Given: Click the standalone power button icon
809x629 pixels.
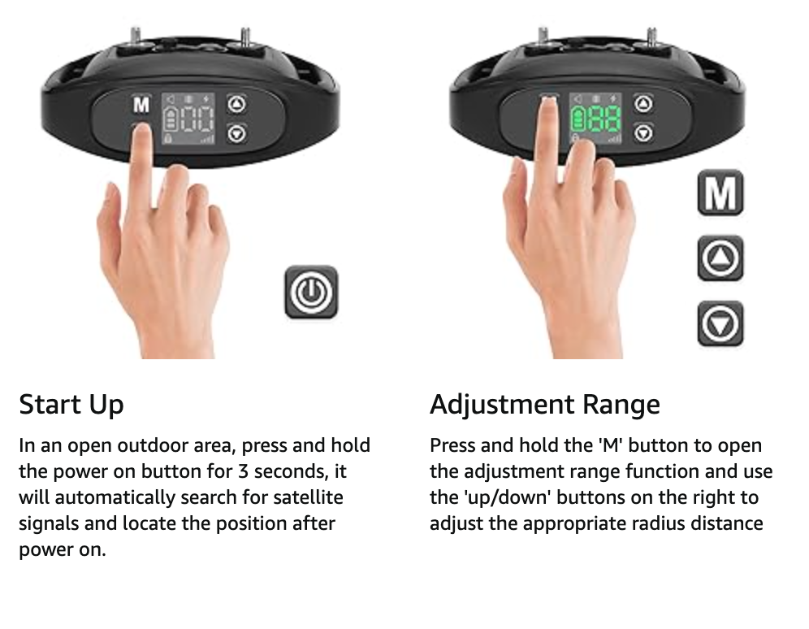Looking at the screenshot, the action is pyautogui.click(x=311, y=293).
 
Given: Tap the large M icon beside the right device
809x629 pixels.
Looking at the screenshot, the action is pyautogui.click(x=720, y=193).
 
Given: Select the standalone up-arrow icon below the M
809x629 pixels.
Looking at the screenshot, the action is pyautogui.click(x=720, y=258).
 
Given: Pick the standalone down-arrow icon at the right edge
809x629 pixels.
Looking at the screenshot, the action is pyautogui.click(x=720, y=323).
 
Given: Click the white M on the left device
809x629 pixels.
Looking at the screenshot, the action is pyautogui.click(x=141, y=105).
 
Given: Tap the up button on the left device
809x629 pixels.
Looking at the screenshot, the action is pyautogui.click(x=236, y=104).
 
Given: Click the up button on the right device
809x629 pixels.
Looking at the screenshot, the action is pyautogui.click(x=642, y=104).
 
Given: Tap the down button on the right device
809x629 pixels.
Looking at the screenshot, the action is pyautogui.click(x=642, y=133).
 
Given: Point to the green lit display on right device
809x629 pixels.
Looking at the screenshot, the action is pyautogui.click(x=595, y=119).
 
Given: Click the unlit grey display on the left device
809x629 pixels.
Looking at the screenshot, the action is pyautogui.click(x=188, y=119).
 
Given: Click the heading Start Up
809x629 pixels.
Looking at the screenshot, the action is pyautogui.click(x=71, y=405).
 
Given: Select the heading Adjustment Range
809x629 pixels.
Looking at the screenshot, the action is pyautogui.click(x=545, y=405).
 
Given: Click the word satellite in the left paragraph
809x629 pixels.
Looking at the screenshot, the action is pyautogui.click(x=308, y=497).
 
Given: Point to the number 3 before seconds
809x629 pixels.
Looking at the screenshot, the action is pyautogui.click(x=243, y=471).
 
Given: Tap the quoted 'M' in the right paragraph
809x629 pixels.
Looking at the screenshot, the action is pyautogui.click(x=610, y=445).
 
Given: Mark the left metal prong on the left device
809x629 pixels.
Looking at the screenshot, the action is pyautogui.click(x=135, y=36).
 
